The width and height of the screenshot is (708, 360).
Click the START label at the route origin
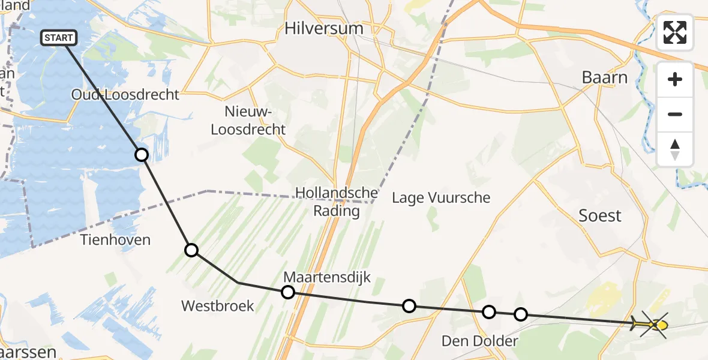(59, 38)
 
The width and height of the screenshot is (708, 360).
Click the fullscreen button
(675, 32)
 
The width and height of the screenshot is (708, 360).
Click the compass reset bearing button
(675, 149)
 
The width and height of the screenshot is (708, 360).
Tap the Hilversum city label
(324, 28)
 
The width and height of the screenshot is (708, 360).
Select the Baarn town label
(605, 77)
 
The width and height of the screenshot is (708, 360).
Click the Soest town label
(600, 216)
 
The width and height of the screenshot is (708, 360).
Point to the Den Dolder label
(479, 341)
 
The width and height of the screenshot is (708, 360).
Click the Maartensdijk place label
(327, 277)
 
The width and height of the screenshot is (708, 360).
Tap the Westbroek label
(218, 306)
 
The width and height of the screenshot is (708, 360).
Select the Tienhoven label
(115, 240)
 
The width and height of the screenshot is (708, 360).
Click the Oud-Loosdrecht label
(125, 94)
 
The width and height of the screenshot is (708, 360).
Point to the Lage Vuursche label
(441, 197)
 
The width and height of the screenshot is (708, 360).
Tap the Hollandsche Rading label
(337, 202)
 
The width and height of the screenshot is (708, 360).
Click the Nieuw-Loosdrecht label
(255, 120)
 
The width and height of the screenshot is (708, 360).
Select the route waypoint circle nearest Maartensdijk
(288, 292)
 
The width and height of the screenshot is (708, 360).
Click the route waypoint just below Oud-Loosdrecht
(141, 155)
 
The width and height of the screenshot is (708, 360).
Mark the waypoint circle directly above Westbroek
(191, 250)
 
